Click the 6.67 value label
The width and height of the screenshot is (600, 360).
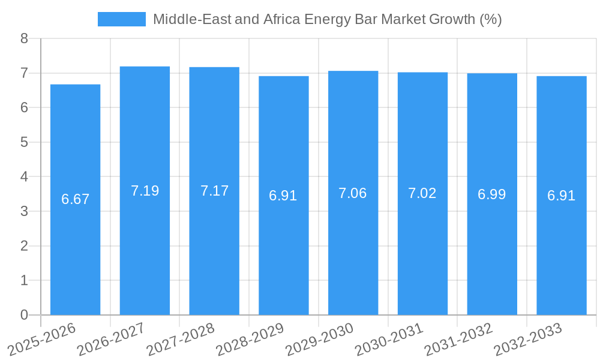coord(75,199)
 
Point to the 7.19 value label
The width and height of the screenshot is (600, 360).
coord(145,191)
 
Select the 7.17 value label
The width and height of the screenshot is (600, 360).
coord(214,191)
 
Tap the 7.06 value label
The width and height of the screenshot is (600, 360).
coord(353,193)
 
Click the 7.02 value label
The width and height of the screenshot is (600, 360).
coord(422,193)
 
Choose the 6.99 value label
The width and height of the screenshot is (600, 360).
coord(492,194)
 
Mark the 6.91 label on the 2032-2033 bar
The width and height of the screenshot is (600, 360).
coord(562,196)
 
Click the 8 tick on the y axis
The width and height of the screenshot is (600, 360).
coord(24,39)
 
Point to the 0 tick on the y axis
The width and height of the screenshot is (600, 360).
coord(24,315)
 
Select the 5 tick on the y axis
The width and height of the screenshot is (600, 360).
coord(24,143)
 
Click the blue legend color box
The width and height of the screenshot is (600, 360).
coord(122,19)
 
